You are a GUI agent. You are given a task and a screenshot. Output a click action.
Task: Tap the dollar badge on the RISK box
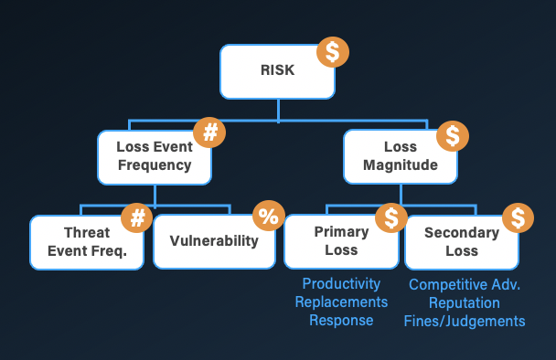click(x=332, y=52)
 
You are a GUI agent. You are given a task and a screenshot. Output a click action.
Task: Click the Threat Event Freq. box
click(x=87, y=241)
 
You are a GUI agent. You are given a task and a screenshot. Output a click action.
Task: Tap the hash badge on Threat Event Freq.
click(x=139, y=217)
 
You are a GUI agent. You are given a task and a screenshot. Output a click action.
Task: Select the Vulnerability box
click(x=213, y=241)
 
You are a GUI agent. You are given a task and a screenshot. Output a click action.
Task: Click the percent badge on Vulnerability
click(x=268, y=217)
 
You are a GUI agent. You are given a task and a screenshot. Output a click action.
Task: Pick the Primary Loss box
click(x=341, y=241)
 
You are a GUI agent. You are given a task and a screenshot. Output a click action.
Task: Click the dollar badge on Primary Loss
click(x=390, y=217)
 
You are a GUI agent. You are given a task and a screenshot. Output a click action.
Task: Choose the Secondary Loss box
click(x=462, y=241)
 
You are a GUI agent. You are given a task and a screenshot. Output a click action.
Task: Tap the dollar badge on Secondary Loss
click(x=518, y=217)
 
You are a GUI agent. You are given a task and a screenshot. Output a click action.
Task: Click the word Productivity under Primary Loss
click(x=341, y=284)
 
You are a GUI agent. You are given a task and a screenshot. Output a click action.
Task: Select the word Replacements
click(x=341, y=302)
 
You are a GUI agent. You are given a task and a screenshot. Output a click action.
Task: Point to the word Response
click(x=341, y=320)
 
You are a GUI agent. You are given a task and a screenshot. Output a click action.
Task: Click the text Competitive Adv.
click(x=465, y=284)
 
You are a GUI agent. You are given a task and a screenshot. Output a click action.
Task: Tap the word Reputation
click(x=465, y=302)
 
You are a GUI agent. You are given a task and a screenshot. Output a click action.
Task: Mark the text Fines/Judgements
click(x=465, y=321)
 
